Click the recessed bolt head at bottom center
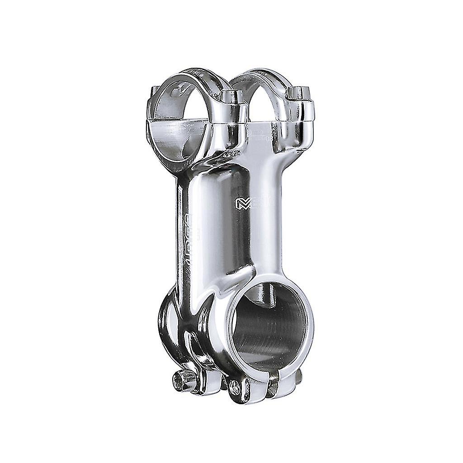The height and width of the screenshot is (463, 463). pos(236,385)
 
